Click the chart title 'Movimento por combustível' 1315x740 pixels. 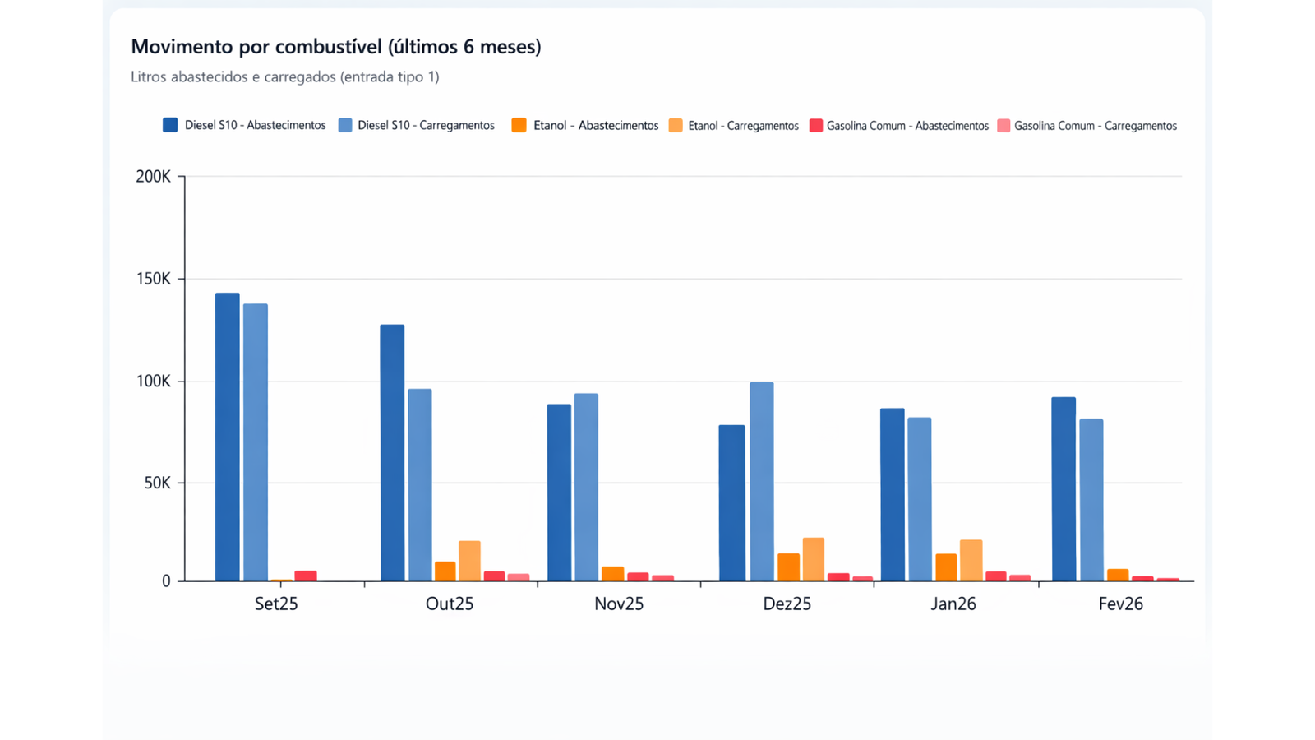(335, 47)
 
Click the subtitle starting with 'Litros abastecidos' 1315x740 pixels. (284, 77)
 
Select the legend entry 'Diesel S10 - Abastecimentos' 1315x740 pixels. (244, 126)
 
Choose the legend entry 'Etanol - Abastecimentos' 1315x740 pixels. (584, 126)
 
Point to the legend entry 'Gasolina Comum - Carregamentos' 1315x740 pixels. (1087, 126)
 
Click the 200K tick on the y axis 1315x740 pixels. (154, 177)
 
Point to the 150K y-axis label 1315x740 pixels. (154, 280)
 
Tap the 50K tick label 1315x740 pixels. (157, 483)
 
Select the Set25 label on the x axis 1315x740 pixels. (276, 604)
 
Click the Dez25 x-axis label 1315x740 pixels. (787, 604)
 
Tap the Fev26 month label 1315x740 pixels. (1120, 604)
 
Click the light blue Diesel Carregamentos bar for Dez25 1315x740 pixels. (761, 482)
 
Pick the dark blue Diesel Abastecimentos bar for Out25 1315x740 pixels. (392, 453)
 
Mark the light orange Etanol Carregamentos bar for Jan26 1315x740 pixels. (971, 561)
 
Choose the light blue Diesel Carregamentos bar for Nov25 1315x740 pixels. (586, 488)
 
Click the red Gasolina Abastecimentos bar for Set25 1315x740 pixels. (306, 576)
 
